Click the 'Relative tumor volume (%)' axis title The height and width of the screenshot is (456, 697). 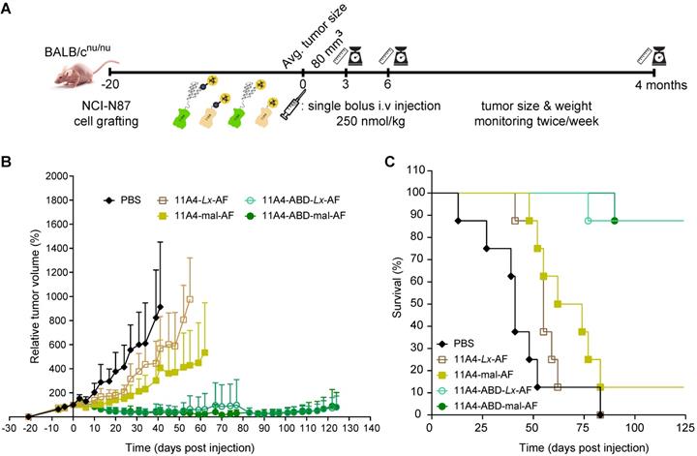pos(36,295)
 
